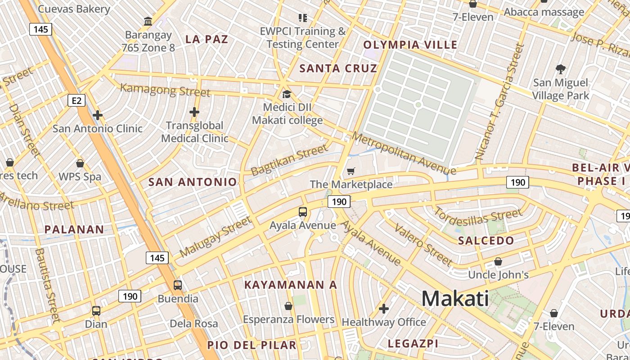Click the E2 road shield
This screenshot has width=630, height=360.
pos(76,100)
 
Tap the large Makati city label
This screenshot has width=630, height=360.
pos(455,299)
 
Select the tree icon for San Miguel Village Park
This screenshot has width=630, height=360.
pos(560,69)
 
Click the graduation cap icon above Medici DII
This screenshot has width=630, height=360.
pos(287,94)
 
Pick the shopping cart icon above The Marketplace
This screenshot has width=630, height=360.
pos(351,171)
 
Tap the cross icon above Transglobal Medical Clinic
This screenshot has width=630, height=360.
pos(194,112)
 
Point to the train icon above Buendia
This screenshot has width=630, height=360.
pos(178,285)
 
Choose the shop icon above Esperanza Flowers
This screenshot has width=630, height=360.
pos(288,306)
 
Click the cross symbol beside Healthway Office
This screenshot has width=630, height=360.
pos(383,309)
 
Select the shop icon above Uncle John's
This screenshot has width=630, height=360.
pos(498,261)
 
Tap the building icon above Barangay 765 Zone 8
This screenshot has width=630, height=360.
pos(148,21)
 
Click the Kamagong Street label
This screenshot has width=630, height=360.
pos(165,90)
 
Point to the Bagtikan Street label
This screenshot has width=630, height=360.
pos(289,159)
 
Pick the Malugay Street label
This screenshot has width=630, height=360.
pos(215,237)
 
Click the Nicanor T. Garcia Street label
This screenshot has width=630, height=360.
pos(499,102)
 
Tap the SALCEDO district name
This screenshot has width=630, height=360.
pos(486,240)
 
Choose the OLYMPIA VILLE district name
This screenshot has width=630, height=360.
pos(410,45)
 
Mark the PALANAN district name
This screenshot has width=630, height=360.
pos(74,229)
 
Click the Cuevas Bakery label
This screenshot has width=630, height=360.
pos(74,9)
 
